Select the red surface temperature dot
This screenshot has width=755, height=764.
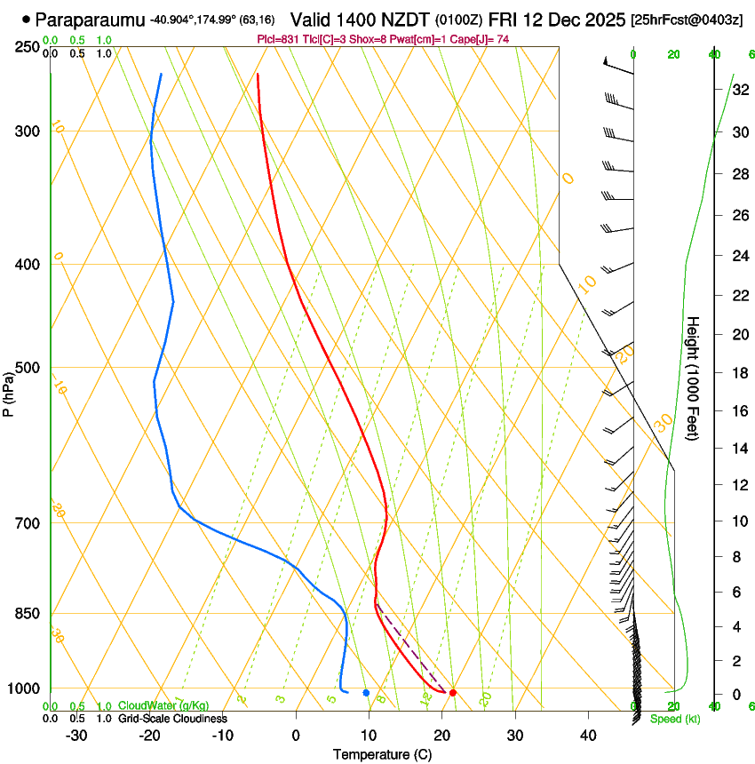[453, 692]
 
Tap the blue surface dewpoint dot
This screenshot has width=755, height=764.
[366, 692]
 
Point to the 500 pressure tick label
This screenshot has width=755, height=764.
[27, 368]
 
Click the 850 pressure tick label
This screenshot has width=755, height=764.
[27, 613]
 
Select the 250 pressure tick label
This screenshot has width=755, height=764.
[27, 46]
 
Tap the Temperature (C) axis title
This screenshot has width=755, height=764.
[382, 754]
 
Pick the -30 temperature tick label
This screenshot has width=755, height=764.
[76, 735]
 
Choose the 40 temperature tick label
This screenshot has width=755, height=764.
[588, 735]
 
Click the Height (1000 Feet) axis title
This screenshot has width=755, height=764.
[694, 378]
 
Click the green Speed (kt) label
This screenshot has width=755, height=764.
[674, 719]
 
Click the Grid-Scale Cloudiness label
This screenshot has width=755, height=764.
[172, 718]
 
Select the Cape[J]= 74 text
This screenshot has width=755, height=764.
[484, 39]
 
